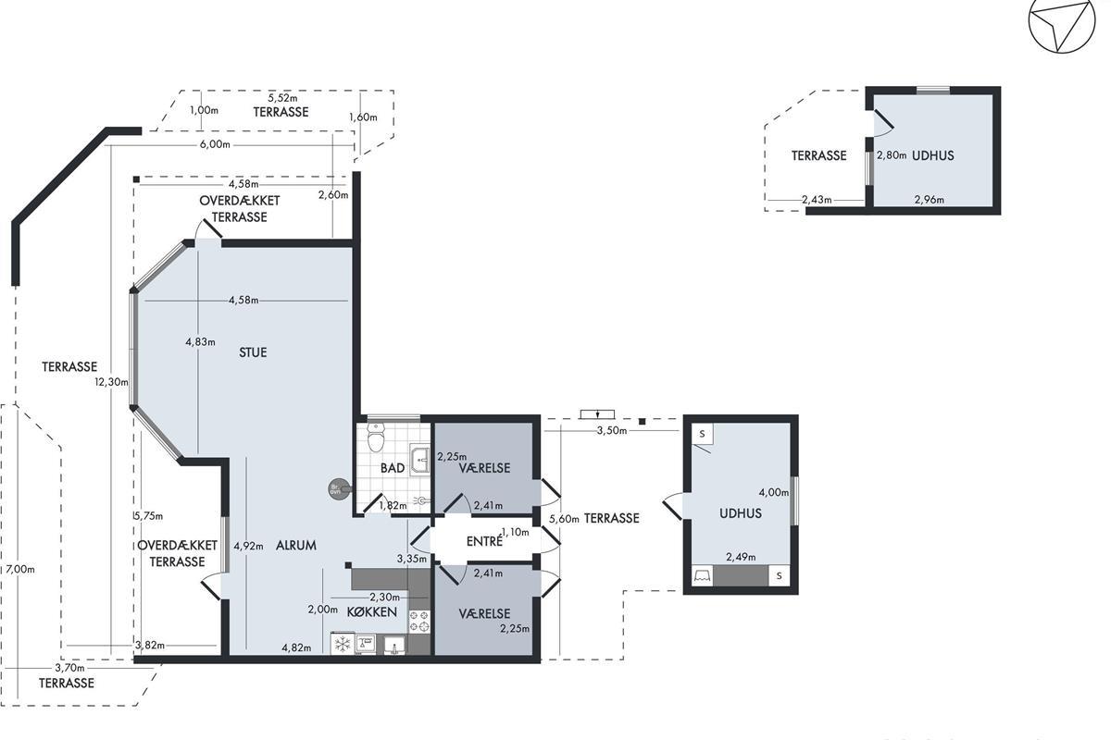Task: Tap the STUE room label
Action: point(253,352)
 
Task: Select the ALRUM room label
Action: point(296,545)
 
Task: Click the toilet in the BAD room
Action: point(376,437)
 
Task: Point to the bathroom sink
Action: point(419,460)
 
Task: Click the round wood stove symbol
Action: point(337,489)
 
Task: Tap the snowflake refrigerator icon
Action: point(343,645)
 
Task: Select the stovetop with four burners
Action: point(419,622)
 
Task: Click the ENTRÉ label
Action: point(484,542)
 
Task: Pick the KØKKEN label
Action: point(372,612)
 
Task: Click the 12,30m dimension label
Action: point(112,382)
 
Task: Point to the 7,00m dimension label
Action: point(20,570)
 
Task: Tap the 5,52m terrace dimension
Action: point(282,98)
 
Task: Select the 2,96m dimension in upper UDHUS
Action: point(930,200)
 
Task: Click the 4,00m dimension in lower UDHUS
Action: point(774,492)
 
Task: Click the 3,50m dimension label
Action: point(612,431)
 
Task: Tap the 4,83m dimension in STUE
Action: point(200,342)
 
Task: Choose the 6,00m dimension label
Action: point(215,144)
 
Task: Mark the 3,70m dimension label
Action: point(70,668)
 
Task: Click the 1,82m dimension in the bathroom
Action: point(393,506)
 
